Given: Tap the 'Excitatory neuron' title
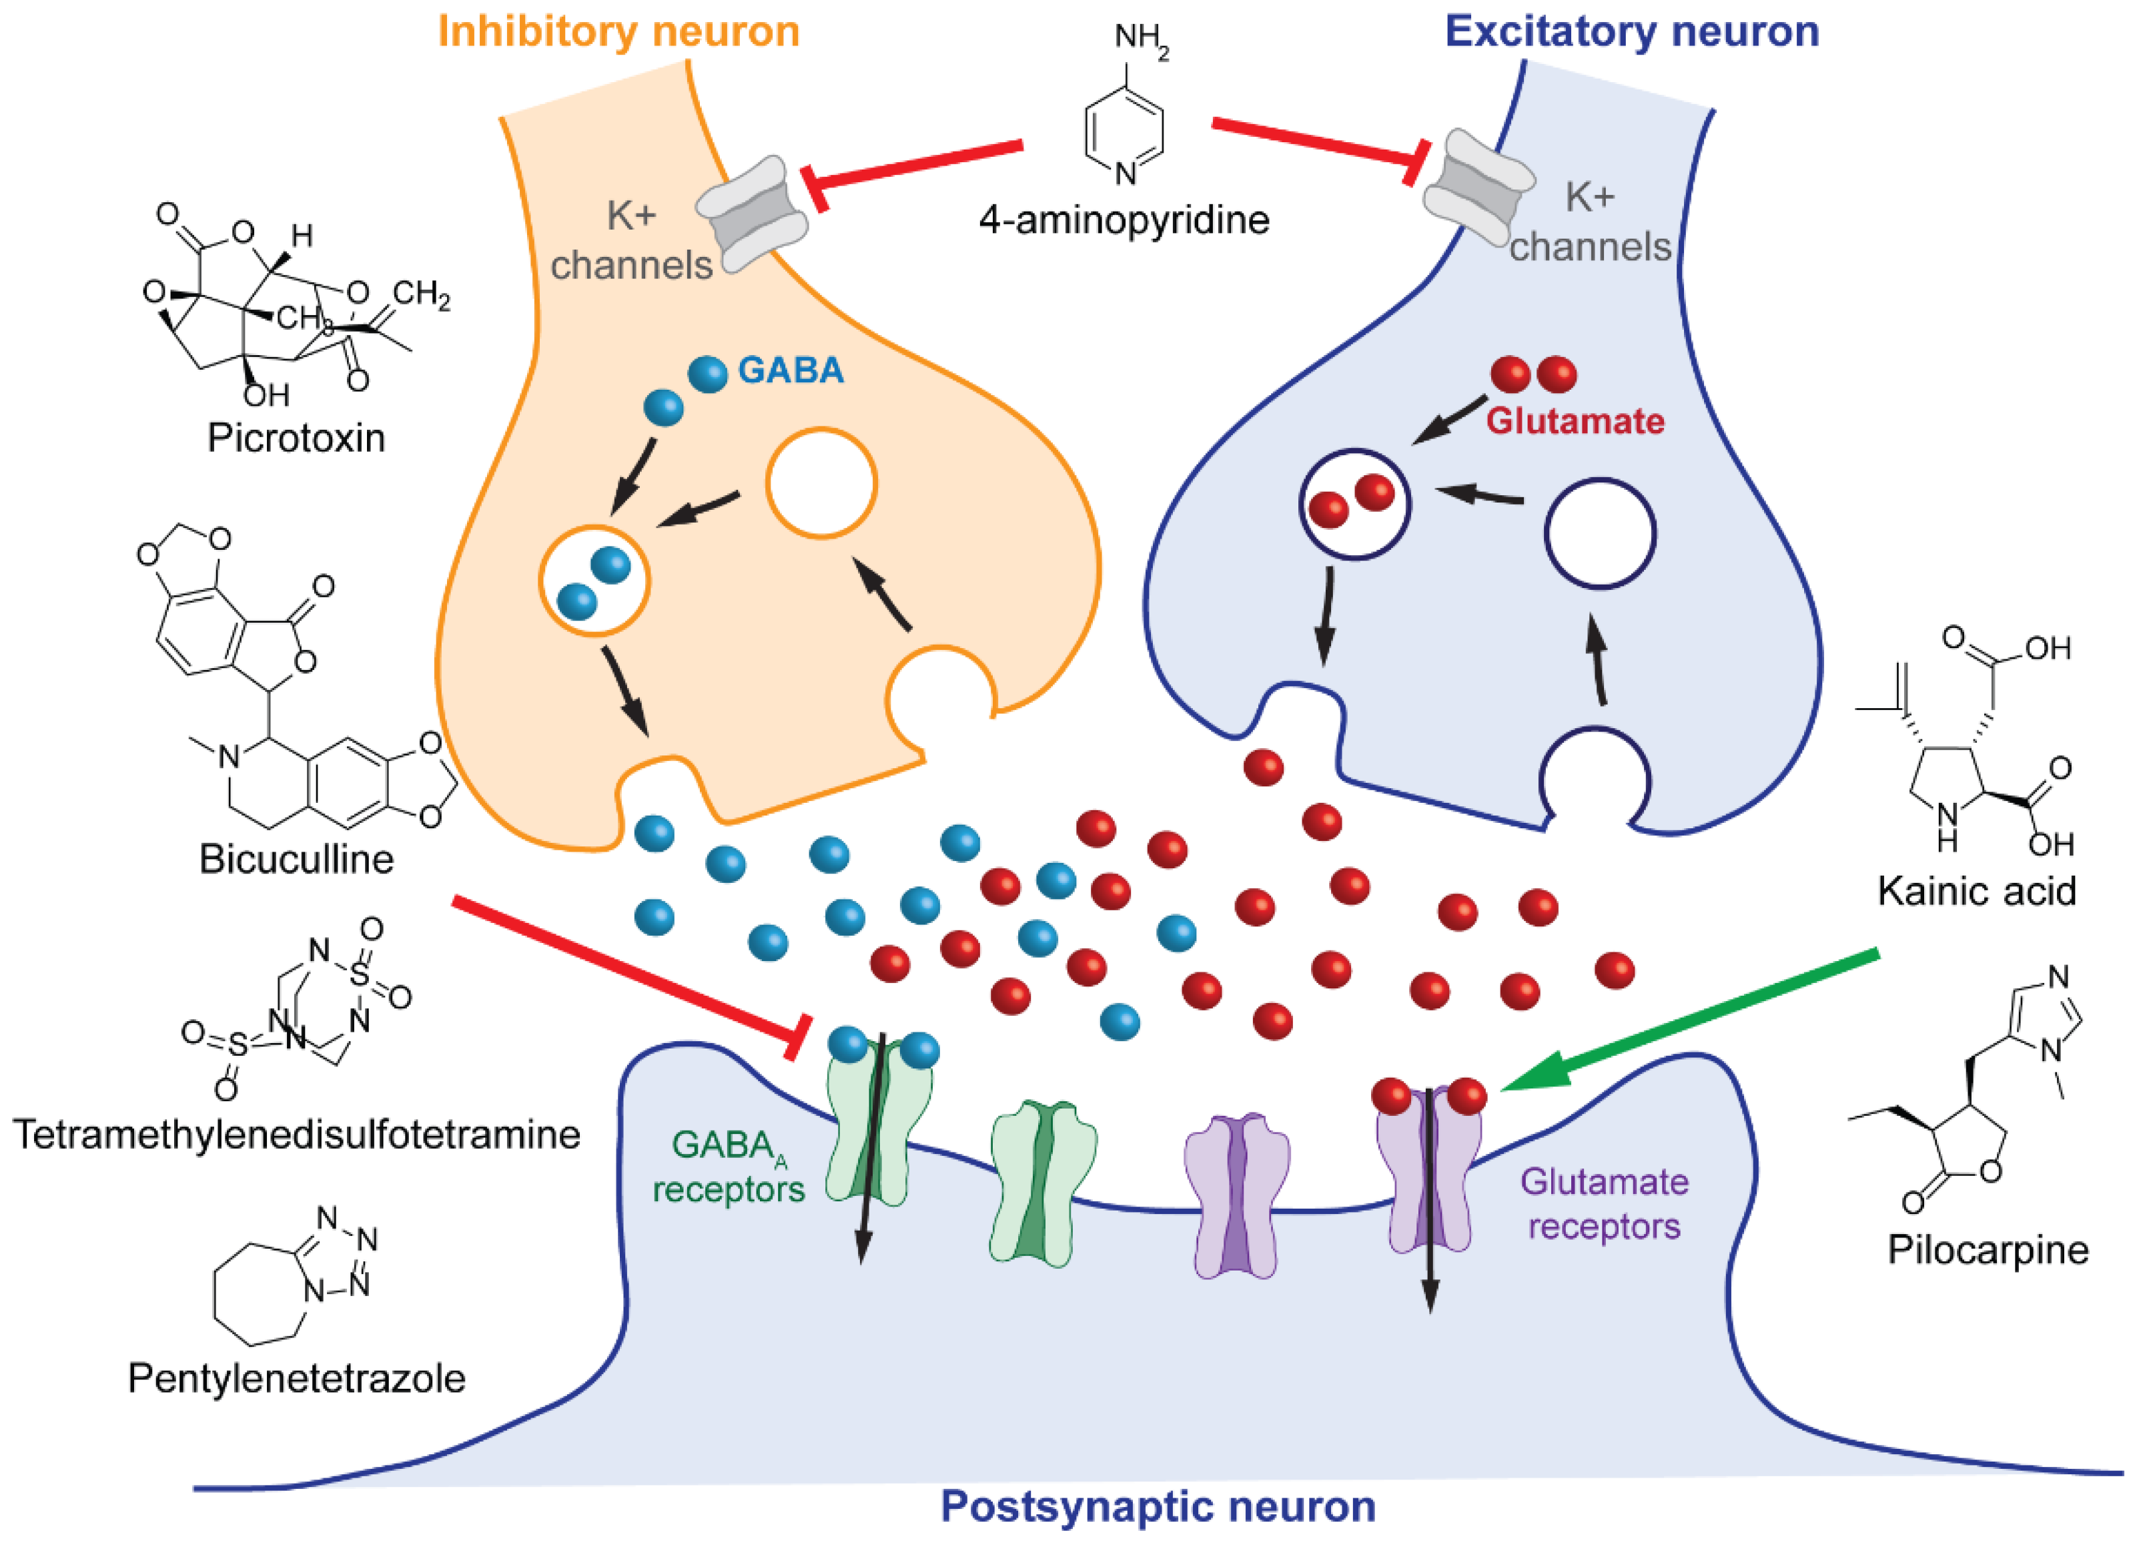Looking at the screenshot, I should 1632,31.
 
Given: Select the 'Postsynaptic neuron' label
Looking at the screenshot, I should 1158,1506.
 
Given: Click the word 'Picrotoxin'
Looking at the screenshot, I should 296,438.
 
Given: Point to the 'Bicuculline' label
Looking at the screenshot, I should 296,859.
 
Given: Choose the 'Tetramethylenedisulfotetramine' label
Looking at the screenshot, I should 296,1134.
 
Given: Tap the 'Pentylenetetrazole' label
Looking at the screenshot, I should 296,1378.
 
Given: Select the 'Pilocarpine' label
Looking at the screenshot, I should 1987,1249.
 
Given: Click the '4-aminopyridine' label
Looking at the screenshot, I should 1124,220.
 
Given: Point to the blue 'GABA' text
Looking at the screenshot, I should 790,370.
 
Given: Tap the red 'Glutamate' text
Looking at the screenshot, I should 1574,420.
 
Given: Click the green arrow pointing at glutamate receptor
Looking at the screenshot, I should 1691,1020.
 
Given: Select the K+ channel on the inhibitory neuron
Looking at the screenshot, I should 752,214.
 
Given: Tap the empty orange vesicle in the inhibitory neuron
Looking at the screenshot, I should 821,483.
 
